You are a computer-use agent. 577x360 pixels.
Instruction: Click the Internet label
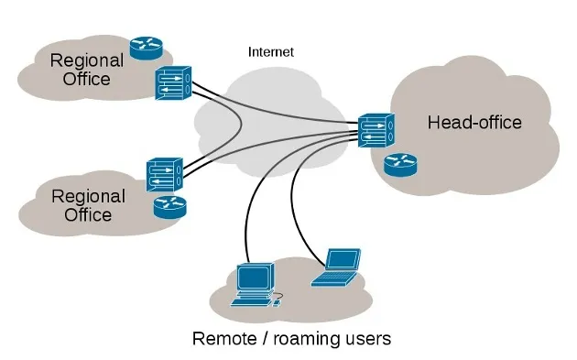click(270, 52)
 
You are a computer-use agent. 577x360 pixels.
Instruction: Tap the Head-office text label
click(474, 122)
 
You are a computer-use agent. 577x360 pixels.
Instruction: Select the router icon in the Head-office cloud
click(399, 164)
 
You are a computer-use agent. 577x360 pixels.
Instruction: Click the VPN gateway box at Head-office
click(375, 131)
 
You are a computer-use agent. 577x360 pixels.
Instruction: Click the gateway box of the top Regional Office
click(173, 84)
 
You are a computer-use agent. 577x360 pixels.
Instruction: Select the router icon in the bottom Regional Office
click(169, 206)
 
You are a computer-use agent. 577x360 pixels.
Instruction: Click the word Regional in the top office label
click(86, 60)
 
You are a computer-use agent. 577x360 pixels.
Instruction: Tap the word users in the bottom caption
click(368, 339)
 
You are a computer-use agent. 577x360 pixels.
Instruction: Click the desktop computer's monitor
click(254, 276)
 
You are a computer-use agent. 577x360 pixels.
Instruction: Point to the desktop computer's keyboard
click(250, 299)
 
